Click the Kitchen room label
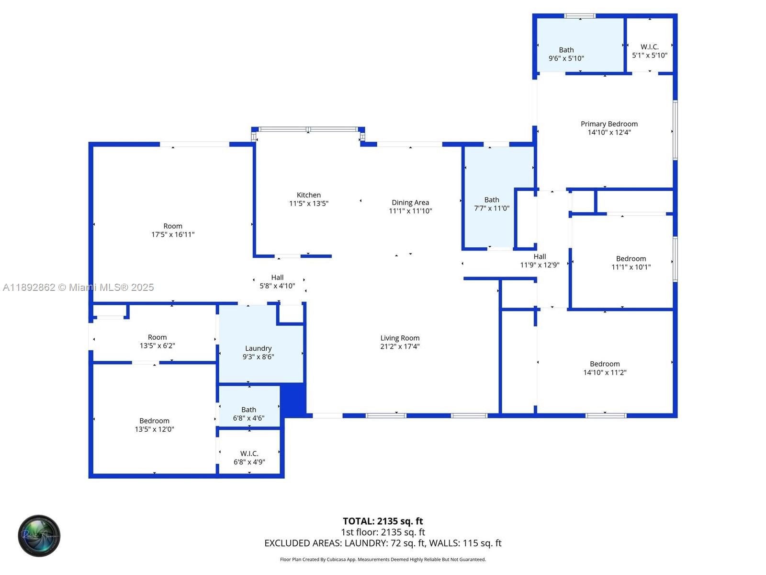click(x=308, y=195)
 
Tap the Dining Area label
click(x=410, y=203)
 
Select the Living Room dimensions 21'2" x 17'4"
click(x=400, y=346)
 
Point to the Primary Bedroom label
click(x=609, y=124)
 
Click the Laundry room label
click(x=258, y=348)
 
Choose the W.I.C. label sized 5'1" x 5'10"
click(x=649, y=47)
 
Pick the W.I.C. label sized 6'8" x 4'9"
click(x=249, y=453)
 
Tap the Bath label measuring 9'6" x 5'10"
click(x=566, y=50)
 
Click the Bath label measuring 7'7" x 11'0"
click(x=491, y=200)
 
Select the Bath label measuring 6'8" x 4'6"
click(x=248, y=410)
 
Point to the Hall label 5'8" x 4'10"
click(x=277, y=277)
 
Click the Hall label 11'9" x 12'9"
click(x=540, y=257)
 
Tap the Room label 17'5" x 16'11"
click(x=173, y=226)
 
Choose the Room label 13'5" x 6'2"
click(x=157, y=337)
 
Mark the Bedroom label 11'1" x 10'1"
click(x=631, y=259)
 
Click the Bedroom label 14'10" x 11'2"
click(x=605, y=364)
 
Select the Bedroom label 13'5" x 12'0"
click(x=154, y=421)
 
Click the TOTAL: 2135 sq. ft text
click(x=383, y=521)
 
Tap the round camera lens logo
click(x=39, y=536)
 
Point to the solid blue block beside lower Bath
click(x=293, y=399)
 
